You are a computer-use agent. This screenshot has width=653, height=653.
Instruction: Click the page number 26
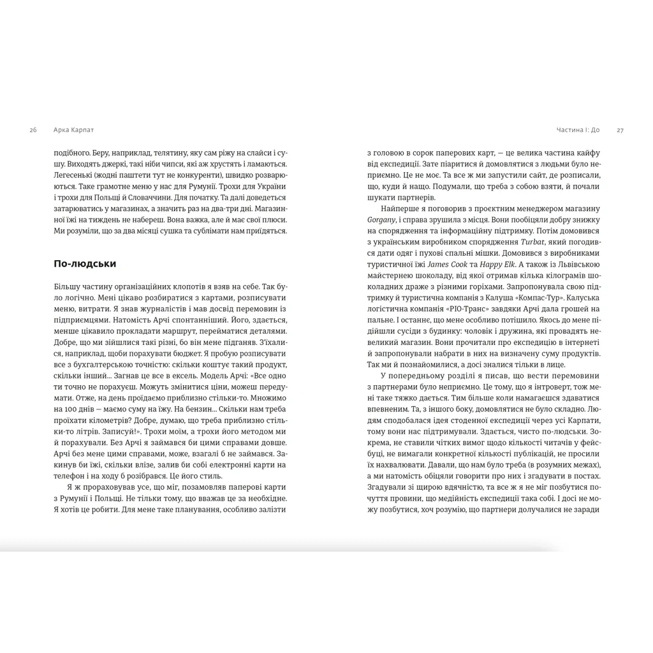tap(33, 130)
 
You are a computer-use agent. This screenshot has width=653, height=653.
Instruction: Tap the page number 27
tap(620, 130)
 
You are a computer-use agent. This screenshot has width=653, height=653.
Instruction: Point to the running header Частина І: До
tap(578, 130)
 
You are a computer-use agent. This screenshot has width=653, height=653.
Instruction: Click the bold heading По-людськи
tap(85, 263)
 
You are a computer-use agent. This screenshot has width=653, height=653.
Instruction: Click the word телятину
tap(167, 153)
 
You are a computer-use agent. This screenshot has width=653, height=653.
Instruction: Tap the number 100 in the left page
tap(79, 409)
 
